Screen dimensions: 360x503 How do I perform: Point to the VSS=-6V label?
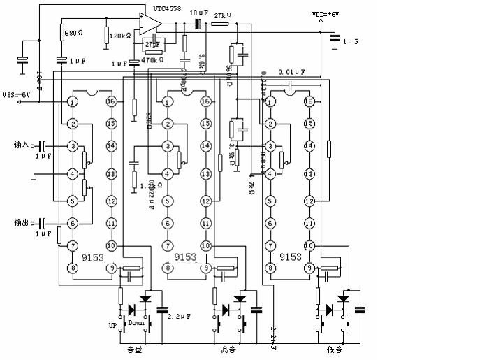coord(18,95)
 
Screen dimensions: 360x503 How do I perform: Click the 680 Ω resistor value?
coord(74,33)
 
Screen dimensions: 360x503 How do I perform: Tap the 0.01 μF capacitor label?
coord(290,72)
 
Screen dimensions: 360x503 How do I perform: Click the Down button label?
coord(136,323)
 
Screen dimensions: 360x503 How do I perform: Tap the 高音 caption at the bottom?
coord(228,350)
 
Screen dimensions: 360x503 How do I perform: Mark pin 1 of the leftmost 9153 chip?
coord(71,101)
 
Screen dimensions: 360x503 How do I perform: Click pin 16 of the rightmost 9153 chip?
coord(309,101)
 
